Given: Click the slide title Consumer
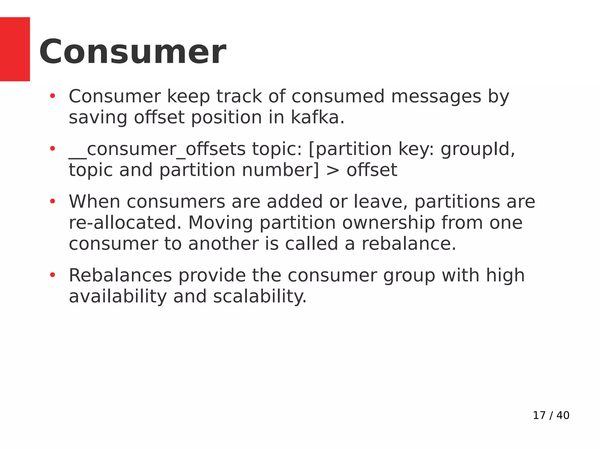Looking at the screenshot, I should (x=132, y=52).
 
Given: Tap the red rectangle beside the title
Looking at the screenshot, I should (x=15, y=49).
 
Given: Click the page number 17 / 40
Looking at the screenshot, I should (x=551, y=415).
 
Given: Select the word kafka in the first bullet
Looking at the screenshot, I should (x=317, y=118).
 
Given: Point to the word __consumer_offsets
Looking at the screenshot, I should (x=157, y=149).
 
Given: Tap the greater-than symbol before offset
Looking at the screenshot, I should (x=333, y=170).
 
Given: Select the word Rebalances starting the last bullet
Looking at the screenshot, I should (x=120, y=276).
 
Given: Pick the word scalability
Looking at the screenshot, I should (x=260, y=297).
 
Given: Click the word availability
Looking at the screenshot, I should (x=117, y=297).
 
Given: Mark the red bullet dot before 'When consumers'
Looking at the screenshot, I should (x=52, y=201).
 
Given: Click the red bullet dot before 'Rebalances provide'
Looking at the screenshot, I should (x=52, y=275).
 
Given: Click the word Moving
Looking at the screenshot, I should (x=220, y=223).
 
